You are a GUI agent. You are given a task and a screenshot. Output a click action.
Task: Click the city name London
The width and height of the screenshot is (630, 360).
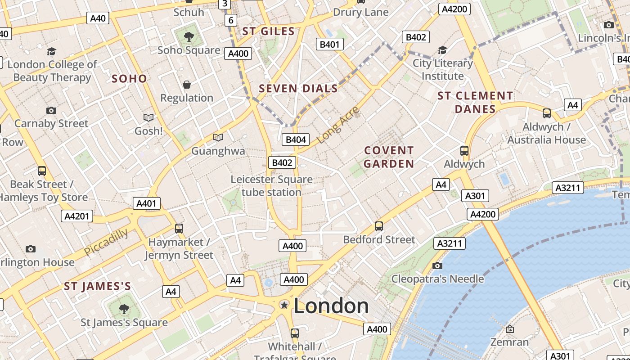pos(331,306)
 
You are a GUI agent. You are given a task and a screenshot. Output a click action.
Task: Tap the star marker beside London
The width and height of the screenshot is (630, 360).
pos(284,305)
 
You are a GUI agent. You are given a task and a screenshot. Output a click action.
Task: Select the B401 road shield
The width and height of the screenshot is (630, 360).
pos(330,44)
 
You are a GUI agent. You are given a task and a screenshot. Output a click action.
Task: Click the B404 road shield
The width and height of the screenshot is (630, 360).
pos(296,139)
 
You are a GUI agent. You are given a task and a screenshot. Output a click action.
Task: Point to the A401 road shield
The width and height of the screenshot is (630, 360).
pos(147,203)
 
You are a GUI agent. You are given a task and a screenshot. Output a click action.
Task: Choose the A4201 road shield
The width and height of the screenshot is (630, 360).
pos(77,216)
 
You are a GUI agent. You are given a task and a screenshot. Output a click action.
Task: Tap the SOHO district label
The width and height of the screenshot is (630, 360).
pos(129,79)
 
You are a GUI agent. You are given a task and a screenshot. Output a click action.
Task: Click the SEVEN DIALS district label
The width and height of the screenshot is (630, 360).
pos(298,89)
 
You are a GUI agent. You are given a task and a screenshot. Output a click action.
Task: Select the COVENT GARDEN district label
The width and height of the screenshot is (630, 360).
pos(389,157)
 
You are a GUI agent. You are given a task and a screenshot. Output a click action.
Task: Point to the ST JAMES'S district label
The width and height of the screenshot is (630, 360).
pos(97,286)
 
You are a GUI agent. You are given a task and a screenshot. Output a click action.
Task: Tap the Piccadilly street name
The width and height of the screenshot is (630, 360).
pos(106,242)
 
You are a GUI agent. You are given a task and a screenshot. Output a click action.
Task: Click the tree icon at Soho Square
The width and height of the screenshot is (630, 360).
pos(189,37)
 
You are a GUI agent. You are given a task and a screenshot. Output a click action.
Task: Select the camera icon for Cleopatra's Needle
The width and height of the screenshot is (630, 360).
pos(437,265)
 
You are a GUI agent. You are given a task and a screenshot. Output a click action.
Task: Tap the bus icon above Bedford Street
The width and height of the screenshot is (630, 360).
pos(379,226)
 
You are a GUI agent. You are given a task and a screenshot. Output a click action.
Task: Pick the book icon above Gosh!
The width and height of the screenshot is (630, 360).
pos(148,118)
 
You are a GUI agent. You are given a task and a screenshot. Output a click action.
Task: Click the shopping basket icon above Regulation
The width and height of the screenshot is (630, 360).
pos(187,85)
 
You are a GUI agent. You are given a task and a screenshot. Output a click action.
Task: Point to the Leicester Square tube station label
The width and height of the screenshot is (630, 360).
pos(271,186)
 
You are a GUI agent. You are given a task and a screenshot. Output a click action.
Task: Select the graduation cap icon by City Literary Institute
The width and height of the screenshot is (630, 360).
pos(442,50)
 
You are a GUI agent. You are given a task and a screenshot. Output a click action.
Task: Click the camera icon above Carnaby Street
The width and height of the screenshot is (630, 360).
pos(51,110)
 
